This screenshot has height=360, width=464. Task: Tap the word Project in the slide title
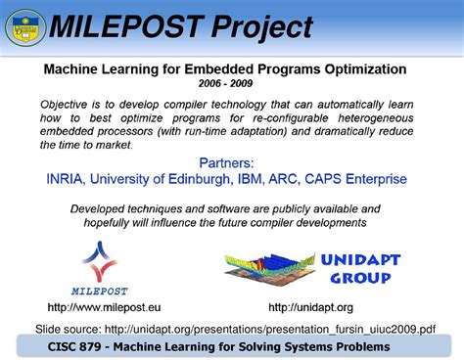260,27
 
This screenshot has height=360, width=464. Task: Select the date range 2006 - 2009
231,85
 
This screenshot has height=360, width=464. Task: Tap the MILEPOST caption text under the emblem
100,291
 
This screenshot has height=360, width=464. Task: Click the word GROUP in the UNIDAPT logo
356,278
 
